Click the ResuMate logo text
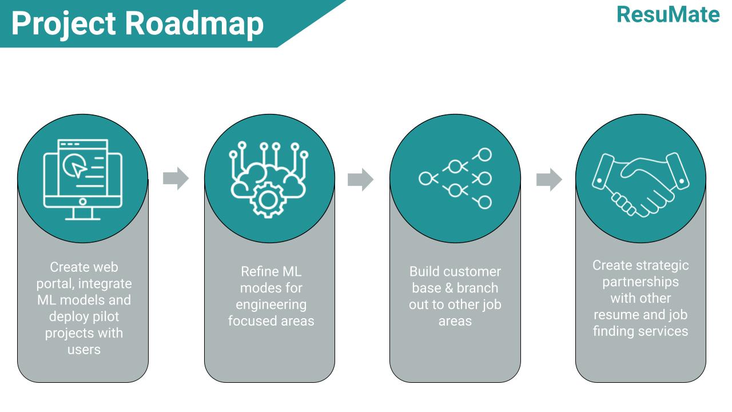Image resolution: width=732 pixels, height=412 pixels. (x=668, y=15)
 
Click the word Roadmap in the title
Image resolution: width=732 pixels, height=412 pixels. (x=194, y=23)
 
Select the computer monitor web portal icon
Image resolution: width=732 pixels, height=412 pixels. (x=83, y=180)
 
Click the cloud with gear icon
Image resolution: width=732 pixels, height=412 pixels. (x=268, y=180)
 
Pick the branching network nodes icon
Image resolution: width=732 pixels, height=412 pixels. (x=455, y=179)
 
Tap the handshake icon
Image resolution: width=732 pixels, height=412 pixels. (x=640, y=184)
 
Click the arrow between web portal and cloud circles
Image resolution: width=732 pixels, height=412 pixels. (x=176, y=178)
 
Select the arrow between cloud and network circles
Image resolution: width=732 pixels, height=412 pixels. (x=360, y=180)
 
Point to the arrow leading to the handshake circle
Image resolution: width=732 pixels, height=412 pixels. (x=549, y=180)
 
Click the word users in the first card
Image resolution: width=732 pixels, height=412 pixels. (x=84, y=350)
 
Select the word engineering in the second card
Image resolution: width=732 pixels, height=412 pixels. (x=271, y=305)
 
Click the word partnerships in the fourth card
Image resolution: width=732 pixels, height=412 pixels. (x=640, y=282)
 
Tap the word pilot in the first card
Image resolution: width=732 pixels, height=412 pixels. (x=106, y=316)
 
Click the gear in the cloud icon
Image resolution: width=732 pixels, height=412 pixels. (x=268, y=200)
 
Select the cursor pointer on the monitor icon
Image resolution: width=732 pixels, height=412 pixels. (x=78, y=169)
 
